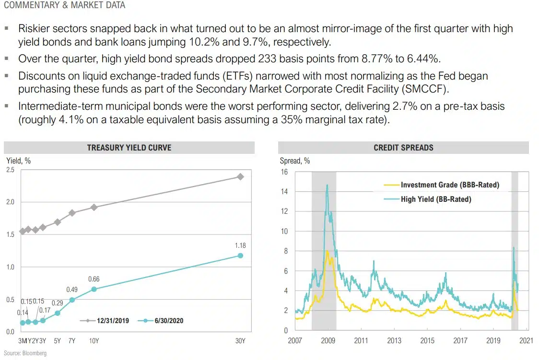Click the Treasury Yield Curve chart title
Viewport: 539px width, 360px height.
[x=129, y=148]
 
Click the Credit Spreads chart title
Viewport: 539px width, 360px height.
[x=403, y=148]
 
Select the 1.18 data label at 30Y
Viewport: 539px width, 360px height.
[x=240, y=245]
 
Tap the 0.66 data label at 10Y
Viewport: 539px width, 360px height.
[x=94, y=279]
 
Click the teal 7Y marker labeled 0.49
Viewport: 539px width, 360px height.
[x=72, y=300]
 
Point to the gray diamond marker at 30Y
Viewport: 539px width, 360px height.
[x=240, y=176]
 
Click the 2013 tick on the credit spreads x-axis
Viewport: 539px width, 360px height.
[x=394, y=340]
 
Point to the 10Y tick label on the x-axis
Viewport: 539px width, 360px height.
[x=94, y=340]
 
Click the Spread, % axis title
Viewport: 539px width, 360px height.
[x=295, y=161]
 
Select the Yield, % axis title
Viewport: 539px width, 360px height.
[x=18, y=161]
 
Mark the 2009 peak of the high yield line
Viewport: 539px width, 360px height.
[x=327, y=185]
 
